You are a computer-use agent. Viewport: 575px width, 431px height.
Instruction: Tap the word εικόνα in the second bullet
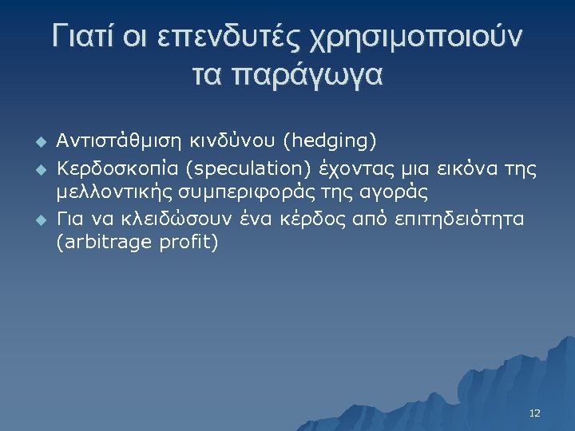tap(457, 170)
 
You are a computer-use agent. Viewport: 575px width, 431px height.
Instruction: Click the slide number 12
tap(534, 413)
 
